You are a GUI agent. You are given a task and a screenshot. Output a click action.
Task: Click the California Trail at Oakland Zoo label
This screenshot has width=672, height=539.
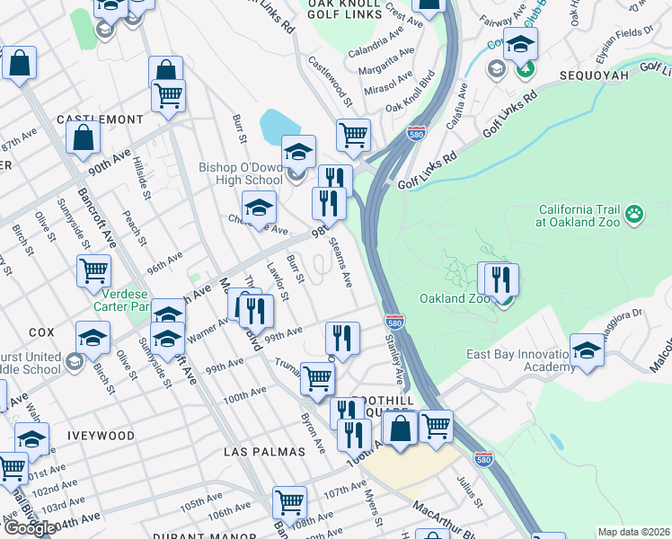click(x=579, y=216)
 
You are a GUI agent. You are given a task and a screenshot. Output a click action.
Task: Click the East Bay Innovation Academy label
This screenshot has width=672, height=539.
click(x=521, y=360)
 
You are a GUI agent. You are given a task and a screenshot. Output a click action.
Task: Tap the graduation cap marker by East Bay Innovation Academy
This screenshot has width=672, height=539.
click(x=587, y=350)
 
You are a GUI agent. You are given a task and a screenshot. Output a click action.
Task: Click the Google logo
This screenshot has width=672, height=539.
click(x=29, y=528)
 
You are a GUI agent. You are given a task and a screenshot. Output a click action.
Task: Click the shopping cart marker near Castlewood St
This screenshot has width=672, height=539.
click(x=354, y=135)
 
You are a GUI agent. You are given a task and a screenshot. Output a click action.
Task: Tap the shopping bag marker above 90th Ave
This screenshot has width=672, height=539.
click(x=83, y=138)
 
